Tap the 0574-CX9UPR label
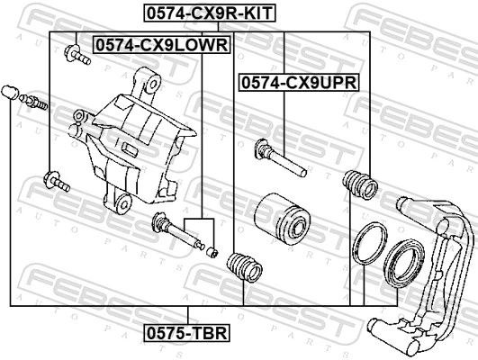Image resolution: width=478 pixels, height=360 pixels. point(298,82)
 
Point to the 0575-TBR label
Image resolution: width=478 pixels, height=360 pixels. point(187,333)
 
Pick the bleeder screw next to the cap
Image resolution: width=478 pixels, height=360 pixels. point(32,100)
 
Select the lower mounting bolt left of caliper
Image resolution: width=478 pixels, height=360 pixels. point(56,182)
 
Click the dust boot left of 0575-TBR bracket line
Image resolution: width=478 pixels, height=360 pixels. point(243,265)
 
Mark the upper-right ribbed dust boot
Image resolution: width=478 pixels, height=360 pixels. point(361,184)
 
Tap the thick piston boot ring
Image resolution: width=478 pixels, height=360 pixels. point(401,262)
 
